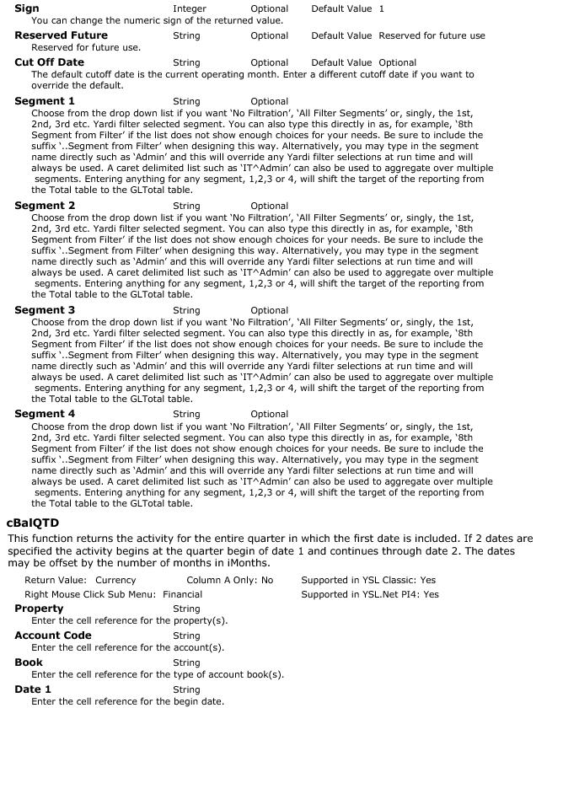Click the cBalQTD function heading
pyautogui.click(x=32, y=523)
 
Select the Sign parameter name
pyautogui.click(x=27, y=8)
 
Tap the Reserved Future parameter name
pyautogui.click(x=61, y=35)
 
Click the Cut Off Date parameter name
pyautogui.click(x=49, y=62)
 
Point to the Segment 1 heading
pyautogui.click(x=45, y=101)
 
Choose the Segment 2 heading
pyautogui.click(x=45, y=206)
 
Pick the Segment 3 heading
pyautogui.click(x=45, y=310)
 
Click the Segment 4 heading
pyautogui.click(x=45, y=414)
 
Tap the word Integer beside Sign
pyautogui.click(x=189, y=8)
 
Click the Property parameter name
pyautogui.click(x=39, y=609)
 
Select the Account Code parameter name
pyautogui.click(x=53, y=635)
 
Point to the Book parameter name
pyautogui.click(x=29, y=662)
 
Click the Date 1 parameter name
pyautogui.click(x=33, y=689)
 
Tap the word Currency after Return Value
pyautogui.click(x=115, y=580)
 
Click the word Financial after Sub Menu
pyautogui.click(x=182, y=594)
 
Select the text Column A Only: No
pyautogui.click(x=229, y=580)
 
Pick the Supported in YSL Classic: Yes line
pyautogui.click(x=368, y=580)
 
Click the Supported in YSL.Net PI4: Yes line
pyautogui.click(x=370, y=594)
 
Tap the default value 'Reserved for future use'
pyautogui.click(x=432, y=35)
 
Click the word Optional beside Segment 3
pyautogui.click(x=269, y=310)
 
